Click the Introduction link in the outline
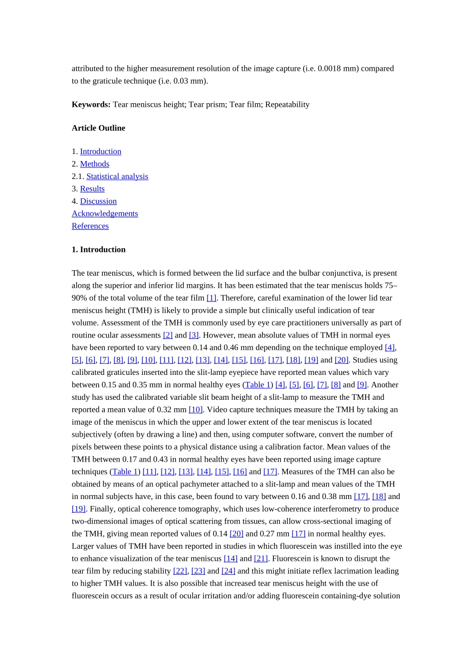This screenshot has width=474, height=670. click(100, 152)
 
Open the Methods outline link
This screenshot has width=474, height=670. click(94, 164)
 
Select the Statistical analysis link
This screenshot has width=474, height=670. click(117, 176)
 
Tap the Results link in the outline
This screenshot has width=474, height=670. click(92, 189)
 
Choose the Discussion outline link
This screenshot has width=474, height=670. click(98, 201)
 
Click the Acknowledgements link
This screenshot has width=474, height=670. click(105, 213)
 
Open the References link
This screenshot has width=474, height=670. click(90, 226)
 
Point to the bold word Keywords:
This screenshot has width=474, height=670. click(91, 105)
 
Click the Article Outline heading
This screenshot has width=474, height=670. click(98, 128)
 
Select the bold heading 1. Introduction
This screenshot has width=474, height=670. click(98, 250)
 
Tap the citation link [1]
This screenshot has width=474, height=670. click(212, 298)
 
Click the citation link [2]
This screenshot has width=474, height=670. click(168, 335)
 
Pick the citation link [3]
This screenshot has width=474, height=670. click(194, 335)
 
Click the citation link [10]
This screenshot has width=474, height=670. click(196, 410)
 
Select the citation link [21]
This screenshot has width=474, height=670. click(261, 559)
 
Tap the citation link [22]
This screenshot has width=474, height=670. click(180, 571)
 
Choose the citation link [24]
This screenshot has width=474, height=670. click(228, 571)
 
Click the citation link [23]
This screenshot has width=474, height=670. click(198, 571)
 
